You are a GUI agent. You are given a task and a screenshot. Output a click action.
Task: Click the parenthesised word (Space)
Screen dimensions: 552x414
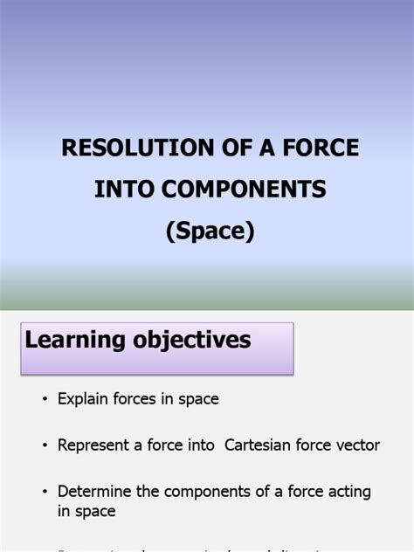click(x=210, y=231)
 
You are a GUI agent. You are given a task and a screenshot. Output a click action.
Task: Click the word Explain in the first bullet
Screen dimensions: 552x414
click(x=83, y=399)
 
